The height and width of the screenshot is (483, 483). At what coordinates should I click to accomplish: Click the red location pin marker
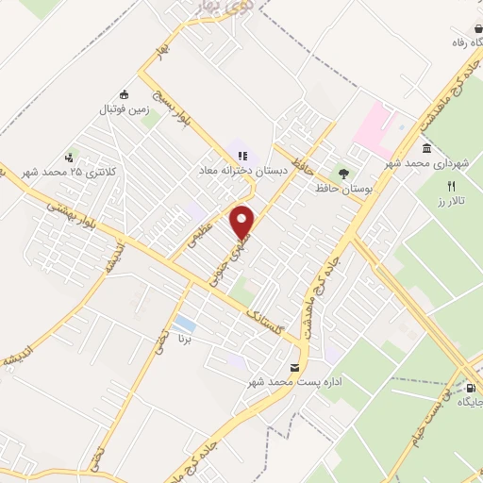(243, 221)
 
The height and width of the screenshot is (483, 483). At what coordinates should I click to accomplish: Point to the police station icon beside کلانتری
(69, 158)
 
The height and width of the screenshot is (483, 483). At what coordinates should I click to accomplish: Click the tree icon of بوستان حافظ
(344, 174)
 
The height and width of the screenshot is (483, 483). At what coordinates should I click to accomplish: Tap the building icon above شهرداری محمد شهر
(427, 149)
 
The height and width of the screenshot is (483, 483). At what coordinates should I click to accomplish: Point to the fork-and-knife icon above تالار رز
(451, 186)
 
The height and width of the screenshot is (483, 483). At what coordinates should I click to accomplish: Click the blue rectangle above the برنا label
(185, 325)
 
